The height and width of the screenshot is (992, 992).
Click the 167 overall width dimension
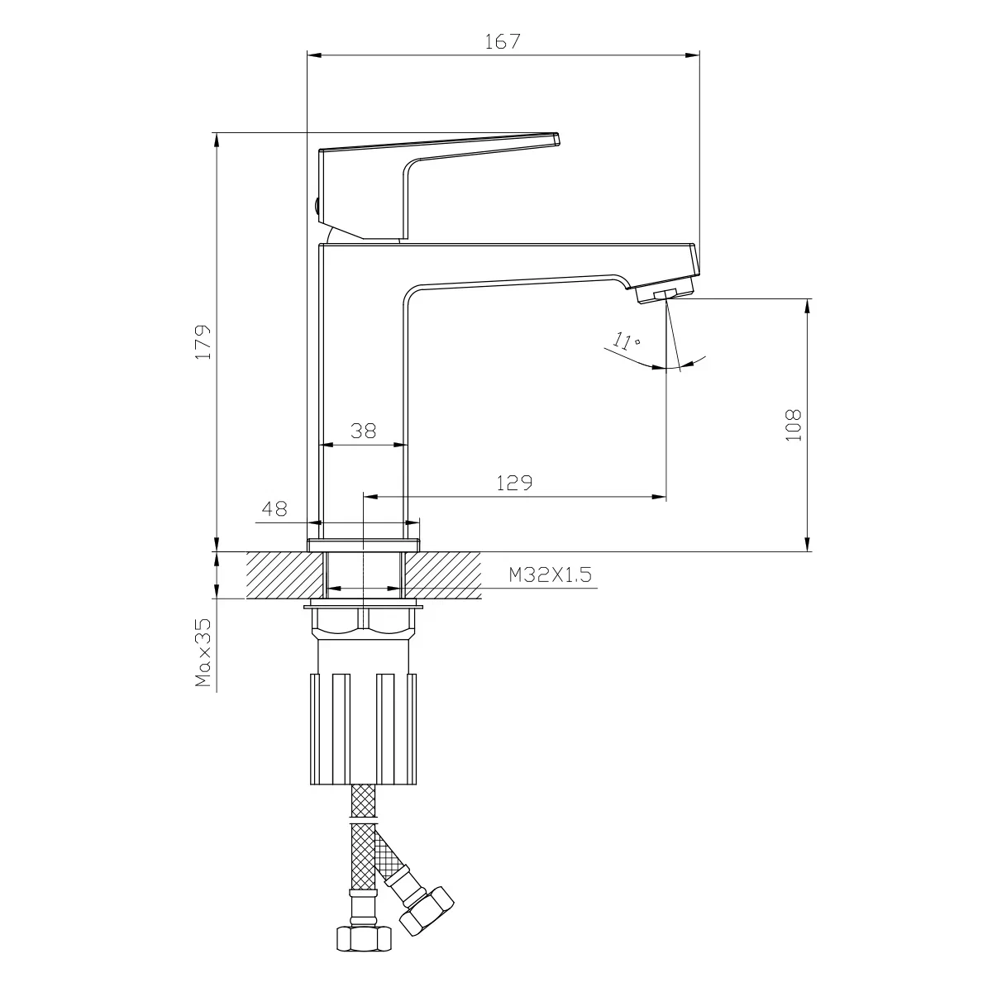click(503, 41)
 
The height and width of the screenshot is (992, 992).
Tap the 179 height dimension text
click(203, 341)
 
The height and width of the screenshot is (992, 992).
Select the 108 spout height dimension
click(793, 425)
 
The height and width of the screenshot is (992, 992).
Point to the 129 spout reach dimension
click(514, 482)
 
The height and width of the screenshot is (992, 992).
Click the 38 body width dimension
click(363, 431)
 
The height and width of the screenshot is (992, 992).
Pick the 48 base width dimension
click(274, 508)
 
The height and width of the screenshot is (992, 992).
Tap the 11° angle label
click(627, 341)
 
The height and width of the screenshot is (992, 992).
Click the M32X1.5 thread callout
click(550, 574)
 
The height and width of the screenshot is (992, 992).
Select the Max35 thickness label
click(203, 653)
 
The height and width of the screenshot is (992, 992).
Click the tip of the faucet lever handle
click(558, 139)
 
